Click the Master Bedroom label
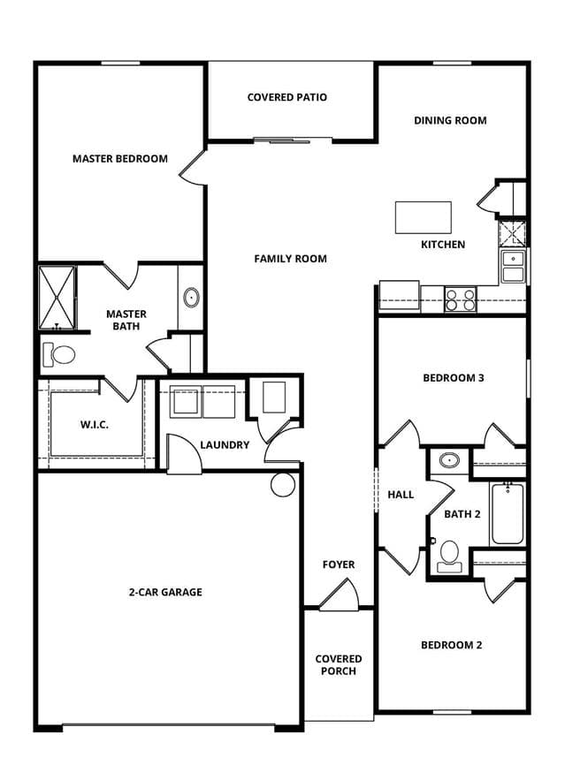[x=120, y=159]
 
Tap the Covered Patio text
[x=287, y=97]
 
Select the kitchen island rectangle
[x=424, y=217]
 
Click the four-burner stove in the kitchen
[x=461, y=299]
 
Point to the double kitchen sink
[x=513, y=267]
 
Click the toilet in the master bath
[x=59, y=354]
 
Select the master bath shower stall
[x=57, y=298]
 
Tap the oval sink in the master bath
[x=192, y=298]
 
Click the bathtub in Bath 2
[x=508, y=513]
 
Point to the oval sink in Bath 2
[x=449, y=460]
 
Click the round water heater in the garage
[x=284, y=484]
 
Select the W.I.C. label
[x=94, y=425]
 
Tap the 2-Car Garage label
[x=165, y=592]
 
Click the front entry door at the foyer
[x=339, y=594]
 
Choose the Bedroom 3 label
[x=453, y=378]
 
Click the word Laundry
[x=225, y=444]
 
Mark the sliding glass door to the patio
[x=282, y=140]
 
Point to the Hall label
[x=401, y=495]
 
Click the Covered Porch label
[x=339, y=665]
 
